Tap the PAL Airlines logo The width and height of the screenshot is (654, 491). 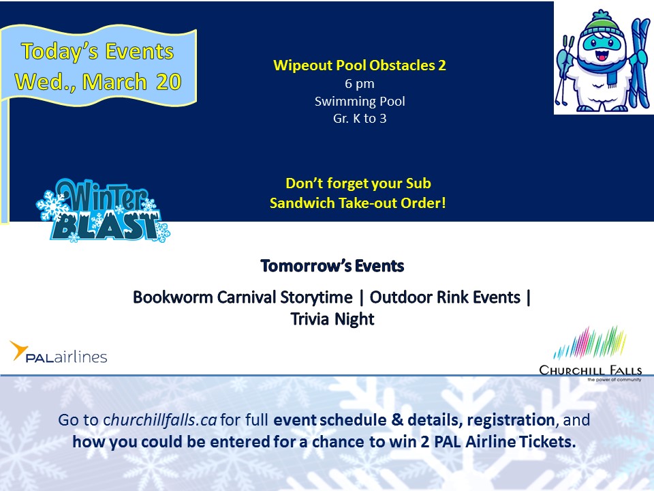(x=59, y=353)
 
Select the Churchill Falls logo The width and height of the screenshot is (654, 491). (x=590, y=354)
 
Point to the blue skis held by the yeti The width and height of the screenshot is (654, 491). (x=640, y=63)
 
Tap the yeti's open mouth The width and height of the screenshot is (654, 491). (x=602, y=55)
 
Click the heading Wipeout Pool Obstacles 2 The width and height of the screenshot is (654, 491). (x=360, y=65)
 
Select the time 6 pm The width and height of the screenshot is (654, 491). (x=360, y=83)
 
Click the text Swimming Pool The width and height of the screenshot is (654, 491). (x=360, y=101)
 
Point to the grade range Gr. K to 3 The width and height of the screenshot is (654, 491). (x=360, y=119)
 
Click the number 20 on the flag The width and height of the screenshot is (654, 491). (x=168, y=81)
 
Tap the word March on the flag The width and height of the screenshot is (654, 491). (x=114, y=81)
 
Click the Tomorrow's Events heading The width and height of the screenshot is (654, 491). (x=332, y=266)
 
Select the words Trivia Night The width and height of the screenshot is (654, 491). (x=332, y=319)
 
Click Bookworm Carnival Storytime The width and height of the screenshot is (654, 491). (x=243, y=297)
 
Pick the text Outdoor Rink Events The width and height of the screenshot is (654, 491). (x=445, y=297)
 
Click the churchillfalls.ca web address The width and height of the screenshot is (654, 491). (x=160, y=420)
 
